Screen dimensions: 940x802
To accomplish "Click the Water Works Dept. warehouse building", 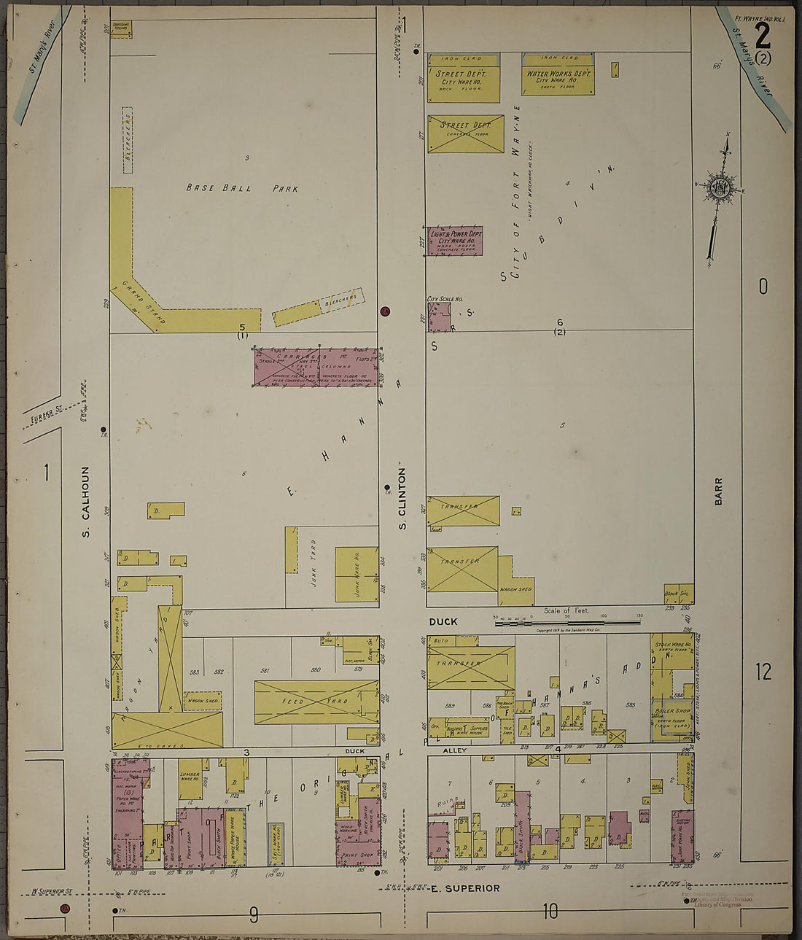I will [558, 76].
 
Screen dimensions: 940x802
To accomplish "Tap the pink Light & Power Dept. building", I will [456, 240].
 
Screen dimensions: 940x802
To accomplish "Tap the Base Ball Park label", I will [242, 188].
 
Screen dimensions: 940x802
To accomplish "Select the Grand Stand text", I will [144, 301].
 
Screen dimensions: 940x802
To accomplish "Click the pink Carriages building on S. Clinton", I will [316, 366].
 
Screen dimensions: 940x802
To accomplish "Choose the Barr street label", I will [718, 492].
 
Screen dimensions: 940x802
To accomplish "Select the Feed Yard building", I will [316, 702].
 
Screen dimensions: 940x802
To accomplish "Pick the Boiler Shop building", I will [672, 716].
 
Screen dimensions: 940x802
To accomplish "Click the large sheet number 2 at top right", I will [763, 34].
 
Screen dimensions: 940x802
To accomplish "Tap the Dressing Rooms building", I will [121, 28].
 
